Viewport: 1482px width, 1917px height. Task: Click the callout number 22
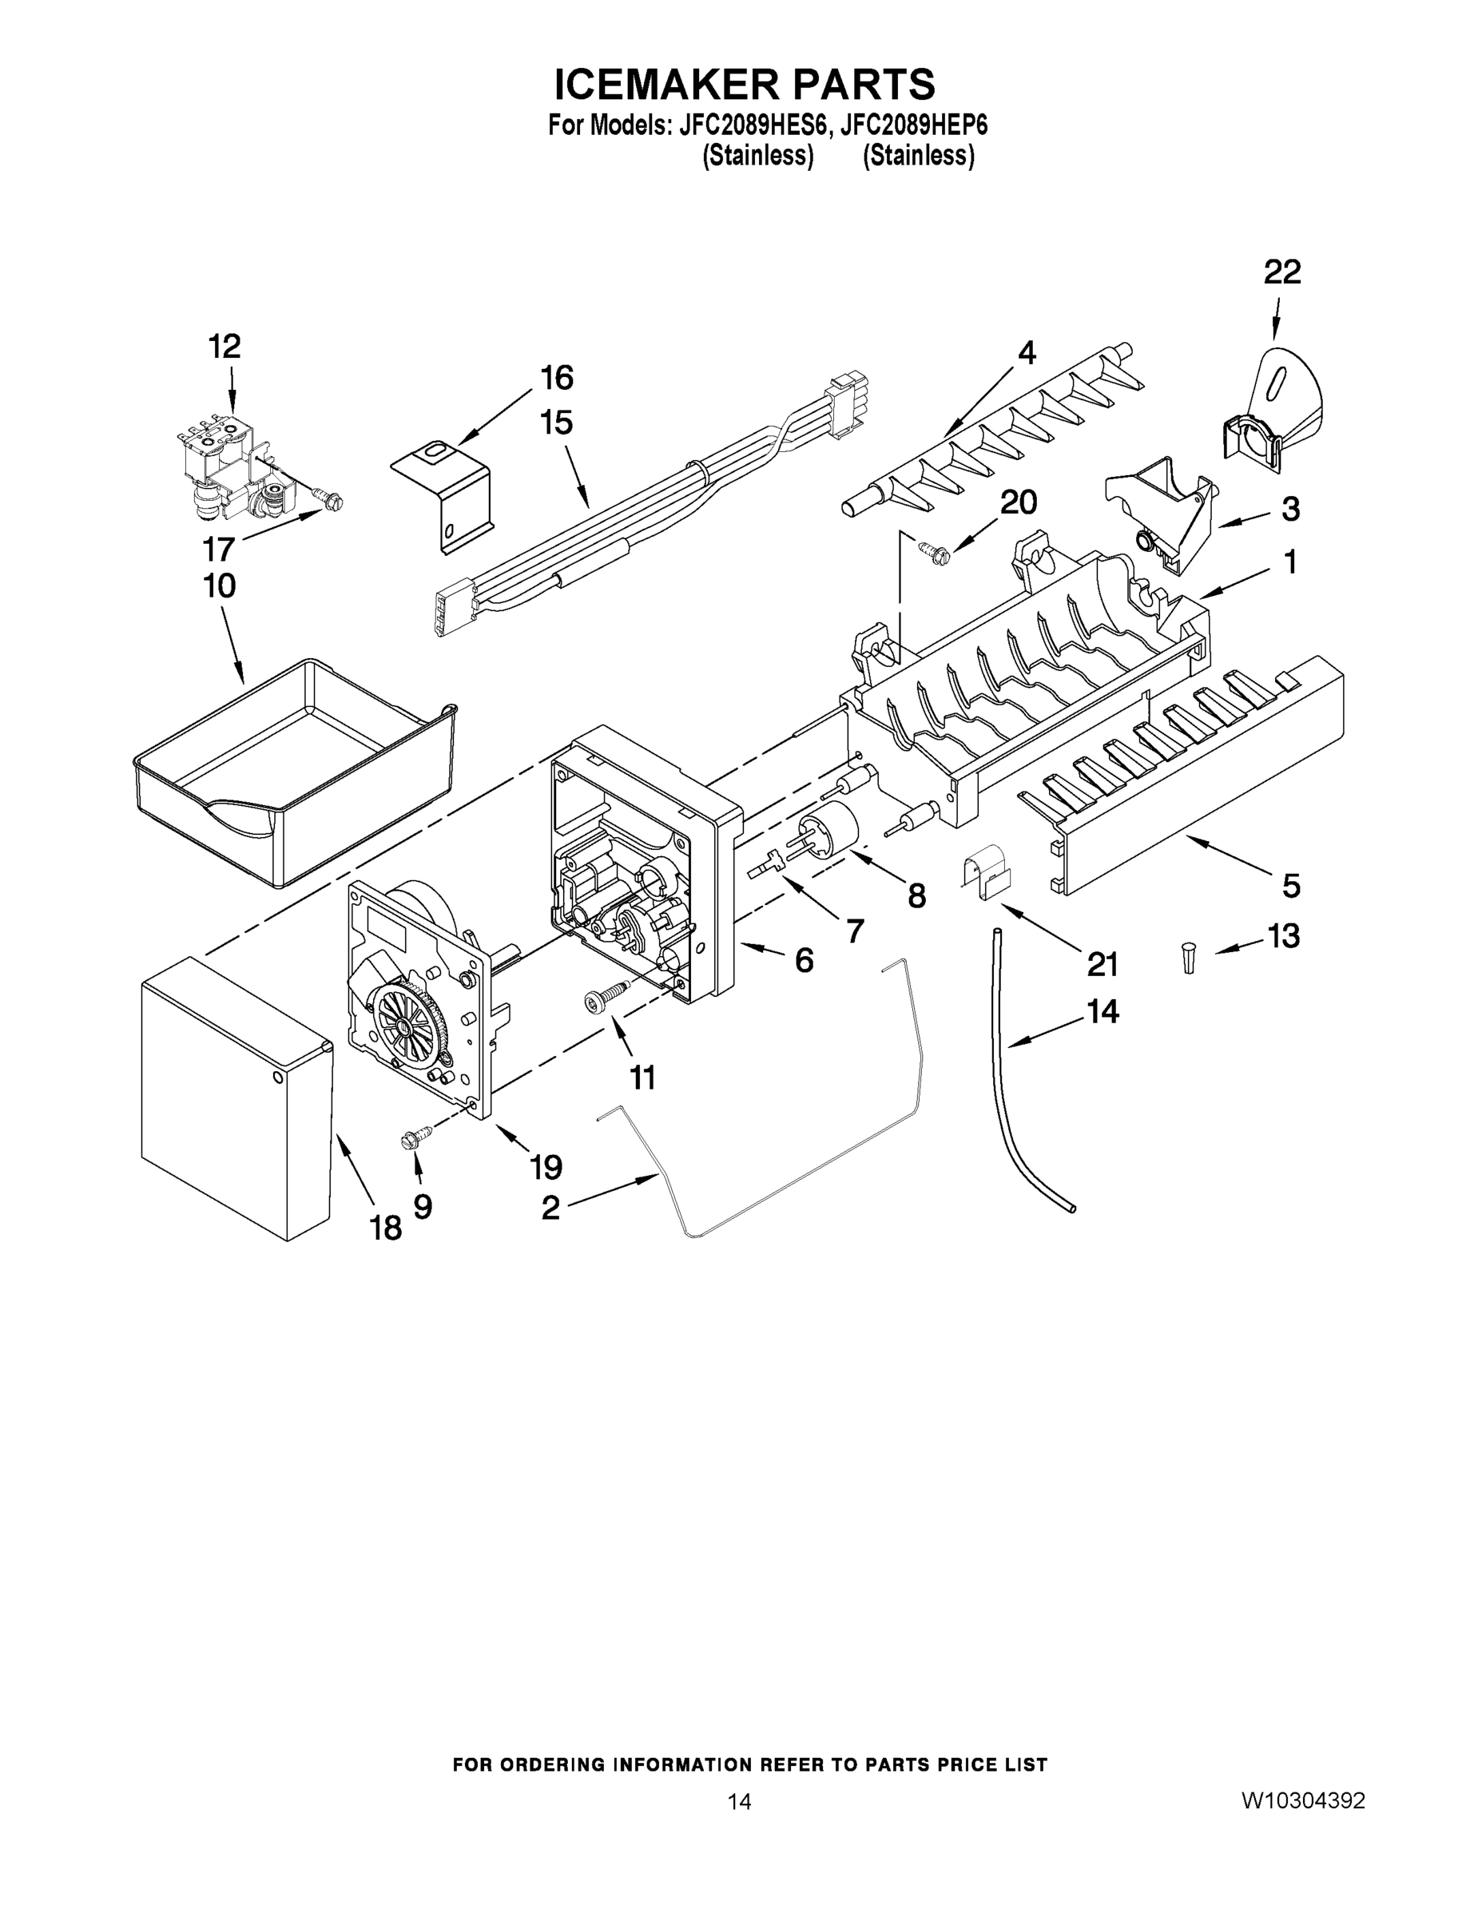coord(1281,273)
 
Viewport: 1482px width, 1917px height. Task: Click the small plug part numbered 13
coord(1189,955)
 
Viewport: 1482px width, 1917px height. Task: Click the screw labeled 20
coord(931,550)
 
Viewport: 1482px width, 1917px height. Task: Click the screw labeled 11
coord(606,997)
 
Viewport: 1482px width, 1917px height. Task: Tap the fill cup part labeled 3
coord(1159,509)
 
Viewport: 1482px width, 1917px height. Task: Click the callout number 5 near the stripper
coord(1289,886)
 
